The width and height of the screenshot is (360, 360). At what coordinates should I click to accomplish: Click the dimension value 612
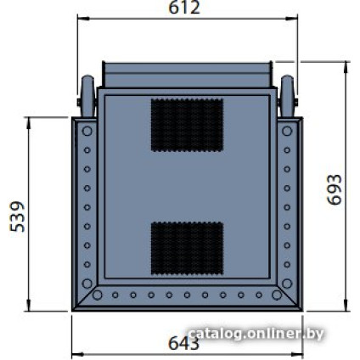[184, 8]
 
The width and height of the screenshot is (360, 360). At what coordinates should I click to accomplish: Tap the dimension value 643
[184, 344]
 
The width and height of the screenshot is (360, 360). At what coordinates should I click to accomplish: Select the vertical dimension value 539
[17, 217]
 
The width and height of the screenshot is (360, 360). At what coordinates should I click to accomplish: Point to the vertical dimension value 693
[335, 189]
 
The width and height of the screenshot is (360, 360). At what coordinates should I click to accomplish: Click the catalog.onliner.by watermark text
[256, 334]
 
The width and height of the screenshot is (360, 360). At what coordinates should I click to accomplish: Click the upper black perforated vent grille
[187, 125]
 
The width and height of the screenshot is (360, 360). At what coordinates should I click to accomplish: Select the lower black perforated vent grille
[187, 249]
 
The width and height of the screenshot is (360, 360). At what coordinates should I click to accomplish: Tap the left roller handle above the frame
[87, 96]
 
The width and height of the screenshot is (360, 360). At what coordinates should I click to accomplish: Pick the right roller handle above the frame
[288, 96]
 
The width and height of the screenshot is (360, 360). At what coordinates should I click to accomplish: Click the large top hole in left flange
[87, 131]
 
